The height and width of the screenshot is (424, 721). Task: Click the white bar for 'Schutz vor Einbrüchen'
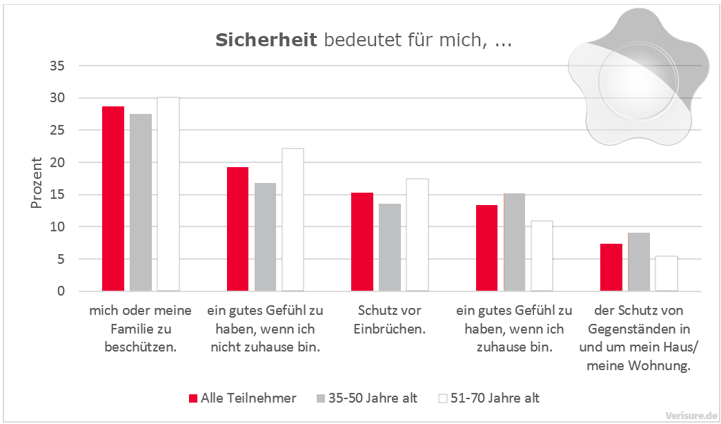coord(417,235)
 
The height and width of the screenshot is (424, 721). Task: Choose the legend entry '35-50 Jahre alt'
coord(373,398)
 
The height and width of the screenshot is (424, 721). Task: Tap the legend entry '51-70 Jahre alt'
coord(495,398)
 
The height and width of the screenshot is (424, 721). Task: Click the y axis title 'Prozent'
coord(37,183)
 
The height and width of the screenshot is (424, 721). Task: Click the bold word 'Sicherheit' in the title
coord(266,40)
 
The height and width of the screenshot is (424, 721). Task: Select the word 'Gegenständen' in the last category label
coord(638,329)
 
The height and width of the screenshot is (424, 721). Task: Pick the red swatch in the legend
coord(193,398)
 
